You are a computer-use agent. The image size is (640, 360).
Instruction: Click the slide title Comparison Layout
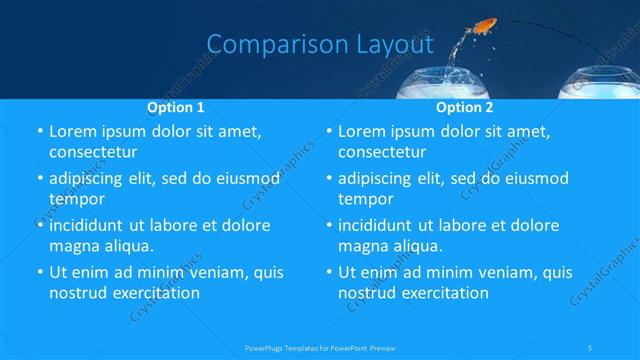320,45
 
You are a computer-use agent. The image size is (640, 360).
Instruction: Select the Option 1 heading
176,106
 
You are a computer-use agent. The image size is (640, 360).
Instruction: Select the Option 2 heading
465,106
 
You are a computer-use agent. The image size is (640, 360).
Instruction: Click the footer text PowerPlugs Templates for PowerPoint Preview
320,347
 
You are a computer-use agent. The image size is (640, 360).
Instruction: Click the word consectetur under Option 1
92,153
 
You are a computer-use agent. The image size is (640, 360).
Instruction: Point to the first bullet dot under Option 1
39,132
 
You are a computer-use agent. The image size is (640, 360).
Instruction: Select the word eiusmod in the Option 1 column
237,178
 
